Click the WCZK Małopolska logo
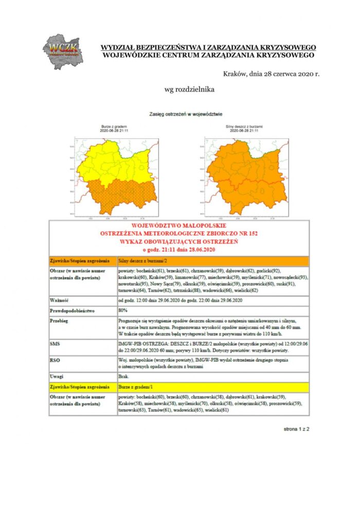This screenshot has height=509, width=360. (62, 50)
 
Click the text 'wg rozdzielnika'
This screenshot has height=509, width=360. (189, 89)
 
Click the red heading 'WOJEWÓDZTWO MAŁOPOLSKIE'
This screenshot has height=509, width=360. (178, 225)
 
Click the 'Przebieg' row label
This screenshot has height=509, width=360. (60, 320)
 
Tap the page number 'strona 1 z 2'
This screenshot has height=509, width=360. (297, 428)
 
